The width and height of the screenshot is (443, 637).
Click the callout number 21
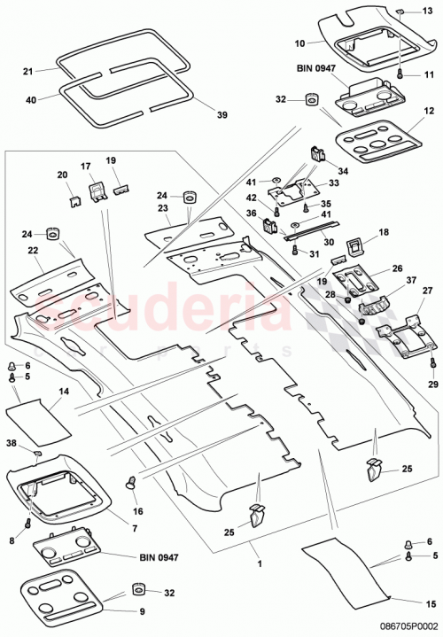pyautogui.click(x=27, y=71)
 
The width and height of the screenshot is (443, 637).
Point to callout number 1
pyautogui.click(x=260, y=563)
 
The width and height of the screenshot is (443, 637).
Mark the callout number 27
pyautogui.click(x=427, y=291)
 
